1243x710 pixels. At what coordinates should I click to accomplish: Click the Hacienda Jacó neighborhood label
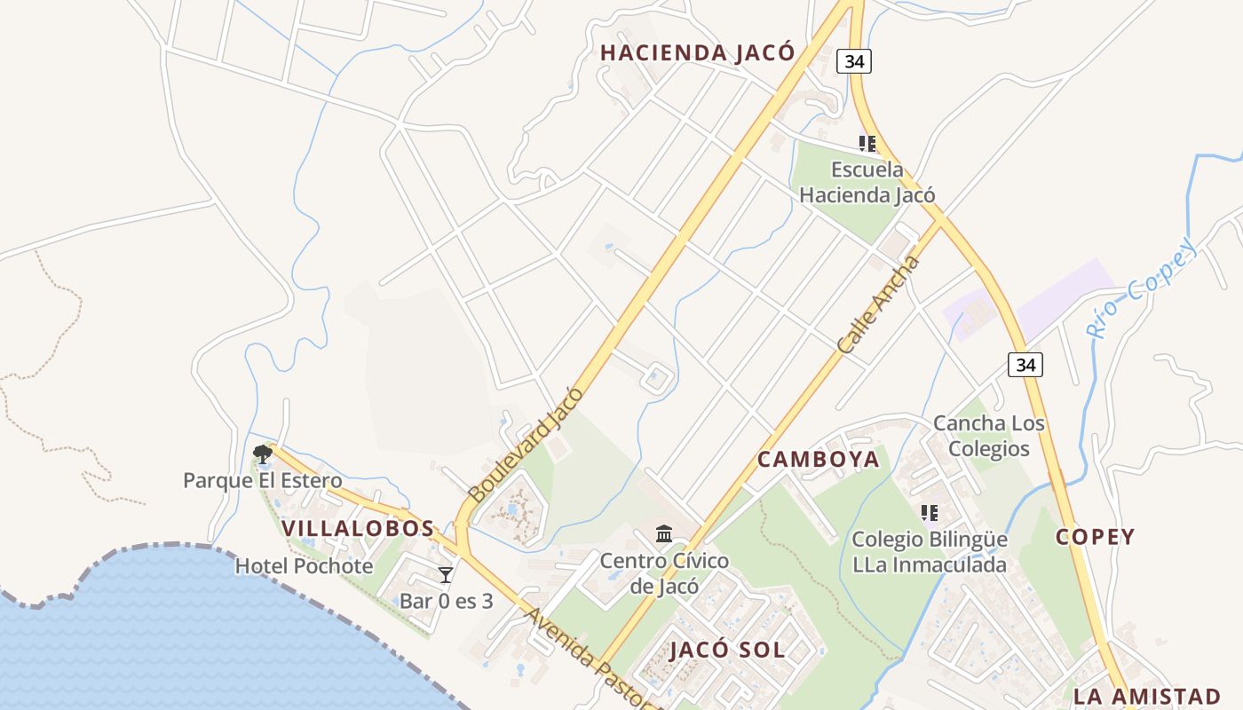[697, 52]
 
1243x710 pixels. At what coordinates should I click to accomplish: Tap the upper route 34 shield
[853, 61]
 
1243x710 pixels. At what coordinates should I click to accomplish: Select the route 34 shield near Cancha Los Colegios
[1025, 364]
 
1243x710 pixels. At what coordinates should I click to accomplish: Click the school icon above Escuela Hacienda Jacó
[867, 143]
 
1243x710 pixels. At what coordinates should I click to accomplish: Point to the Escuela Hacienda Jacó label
[867, 182]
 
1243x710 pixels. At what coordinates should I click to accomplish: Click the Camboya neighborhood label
[818, 459]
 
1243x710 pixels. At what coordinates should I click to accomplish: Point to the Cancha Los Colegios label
[989, 436]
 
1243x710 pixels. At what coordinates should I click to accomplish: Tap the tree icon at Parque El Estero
[262, 454]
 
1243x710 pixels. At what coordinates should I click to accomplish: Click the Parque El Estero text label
[262, 481]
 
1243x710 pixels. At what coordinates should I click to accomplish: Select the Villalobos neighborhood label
[358, 528]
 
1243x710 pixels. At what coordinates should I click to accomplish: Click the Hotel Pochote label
[304, 566]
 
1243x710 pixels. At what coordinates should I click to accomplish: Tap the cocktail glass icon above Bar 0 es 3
[446, 575]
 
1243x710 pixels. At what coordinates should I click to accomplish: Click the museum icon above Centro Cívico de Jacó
[664, 533]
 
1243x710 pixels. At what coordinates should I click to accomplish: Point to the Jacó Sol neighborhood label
[727, 650]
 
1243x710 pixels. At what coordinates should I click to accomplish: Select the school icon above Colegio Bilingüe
[930, 512]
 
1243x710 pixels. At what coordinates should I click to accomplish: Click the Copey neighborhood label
[1095, 537]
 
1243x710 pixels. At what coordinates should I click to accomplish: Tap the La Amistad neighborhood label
[1147, 696]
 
